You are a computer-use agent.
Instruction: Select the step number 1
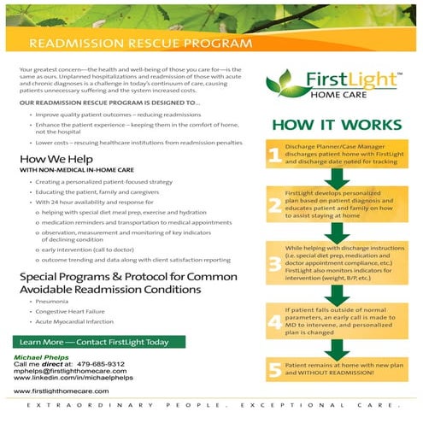pos(273,156)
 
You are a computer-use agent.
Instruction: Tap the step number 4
pos(273,322)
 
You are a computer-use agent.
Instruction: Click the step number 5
pos(273,371)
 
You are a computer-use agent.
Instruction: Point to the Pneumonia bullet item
pos(52,302)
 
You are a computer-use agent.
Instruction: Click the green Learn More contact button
pos(93,342)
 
